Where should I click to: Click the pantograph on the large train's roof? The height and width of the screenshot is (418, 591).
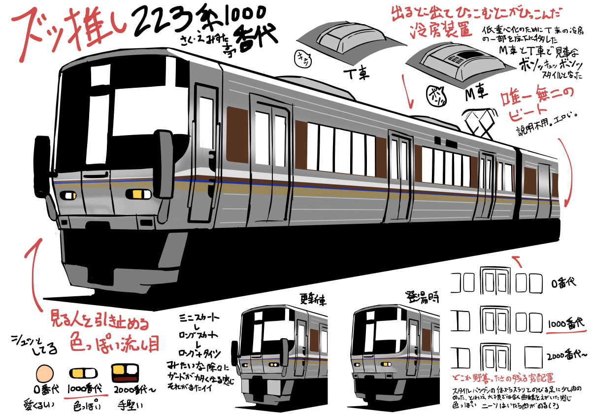[x=480, y=121]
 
